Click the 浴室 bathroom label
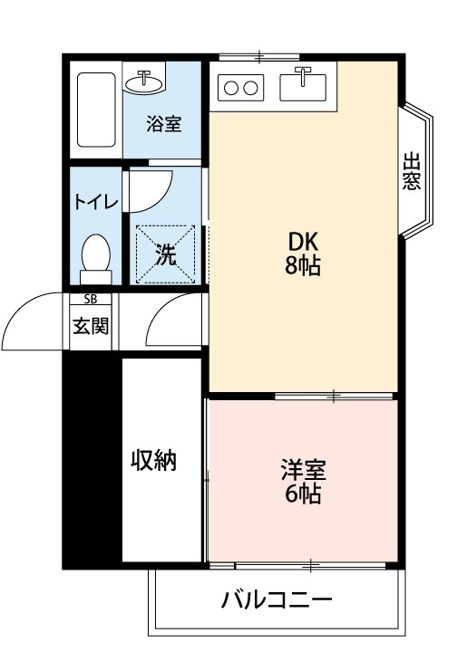coord(164,124)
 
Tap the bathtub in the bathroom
coord(96,110)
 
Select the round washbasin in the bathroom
coord(143,82)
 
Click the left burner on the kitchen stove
coord(231,88)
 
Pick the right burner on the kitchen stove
coord(250,88)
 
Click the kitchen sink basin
coord(303,88)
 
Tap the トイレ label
coord(96,202)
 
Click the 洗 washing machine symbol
coord(165,254)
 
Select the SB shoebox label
coord(91,300)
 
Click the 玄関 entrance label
coord(91,326)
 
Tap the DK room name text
coord(303,243)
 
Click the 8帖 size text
coord(303,265)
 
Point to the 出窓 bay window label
coord(412,171)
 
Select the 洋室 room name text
coord(304,470)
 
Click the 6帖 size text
coord(303,494)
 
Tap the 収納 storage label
coord(153,460)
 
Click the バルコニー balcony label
coord(277,599)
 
